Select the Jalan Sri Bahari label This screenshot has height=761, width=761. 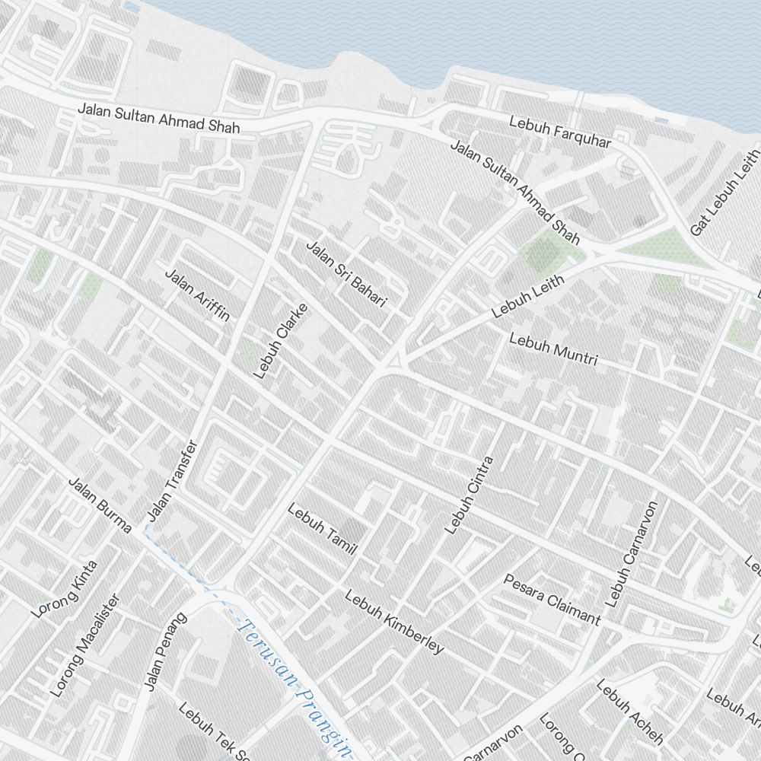(x=346, y=275)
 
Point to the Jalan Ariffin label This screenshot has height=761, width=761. (x=197, y=295)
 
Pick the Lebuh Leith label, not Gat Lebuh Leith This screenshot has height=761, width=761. (x=528, y=296)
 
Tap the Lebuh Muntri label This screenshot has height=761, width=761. (x=553, y=349)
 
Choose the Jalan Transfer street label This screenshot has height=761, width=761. (x=172, y=481)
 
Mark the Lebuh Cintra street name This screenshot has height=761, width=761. (x=469, y=495)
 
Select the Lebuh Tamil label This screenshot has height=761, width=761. (x=322, y=528)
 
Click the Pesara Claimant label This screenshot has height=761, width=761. (x=552, y=598)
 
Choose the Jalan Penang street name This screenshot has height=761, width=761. (x=165, y=652)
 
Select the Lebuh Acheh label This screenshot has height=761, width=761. (x=629, y=712)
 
